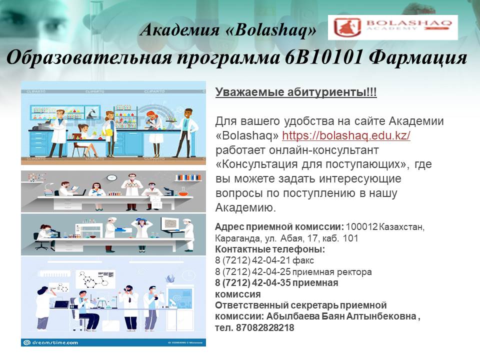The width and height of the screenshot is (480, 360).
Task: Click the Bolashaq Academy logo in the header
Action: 393,27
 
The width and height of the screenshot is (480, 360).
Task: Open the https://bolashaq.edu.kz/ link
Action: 346,135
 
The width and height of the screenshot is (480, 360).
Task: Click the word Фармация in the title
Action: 418,57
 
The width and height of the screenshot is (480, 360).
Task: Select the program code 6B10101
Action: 324,57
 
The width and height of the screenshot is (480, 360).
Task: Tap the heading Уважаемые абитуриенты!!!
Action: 296,92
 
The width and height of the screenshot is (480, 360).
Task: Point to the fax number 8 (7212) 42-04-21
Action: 252,260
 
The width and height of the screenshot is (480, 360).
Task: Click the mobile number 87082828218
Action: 265,327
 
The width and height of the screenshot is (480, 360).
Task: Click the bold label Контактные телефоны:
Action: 270,249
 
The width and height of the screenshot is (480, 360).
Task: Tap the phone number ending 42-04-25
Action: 252,271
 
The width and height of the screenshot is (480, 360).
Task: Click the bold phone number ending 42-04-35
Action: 252,282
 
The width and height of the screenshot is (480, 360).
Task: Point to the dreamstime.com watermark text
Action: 55,342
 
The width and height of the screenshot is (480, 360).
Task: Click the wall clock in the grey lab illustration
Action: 111,177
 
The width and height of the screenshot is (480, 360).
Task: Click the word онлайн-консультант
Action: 324,150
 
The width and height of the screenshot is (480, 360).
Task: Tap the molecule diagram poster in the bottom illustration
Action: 96,278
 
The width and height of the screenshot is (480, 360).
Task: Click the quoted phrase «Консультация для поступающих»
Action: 311,164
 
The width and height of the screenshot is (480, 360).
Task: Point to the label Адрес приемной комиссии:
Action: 279,227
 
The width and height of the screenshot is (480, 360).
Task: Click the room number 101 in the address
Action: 350,238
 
